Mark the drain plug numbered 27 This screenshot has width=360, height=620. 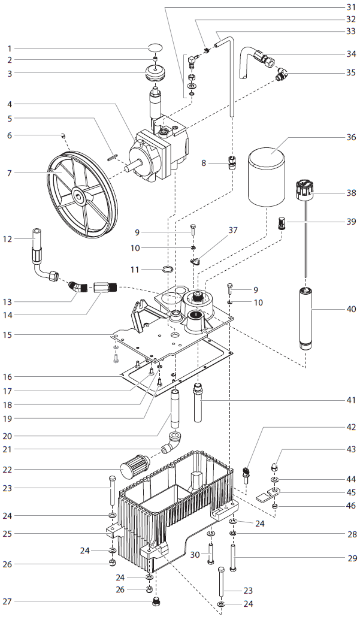click(156, 601)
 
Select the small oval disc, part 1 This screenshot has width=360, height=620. click(155, 48)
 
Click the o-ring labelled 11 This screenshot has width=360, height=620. click(168, 270)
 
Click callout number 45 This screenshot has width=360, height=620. click(350, 492)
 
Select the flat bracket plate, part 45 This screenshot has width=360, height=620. click(268, 494)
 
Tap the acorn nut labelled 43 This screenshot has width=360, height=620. click(274, 467)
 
